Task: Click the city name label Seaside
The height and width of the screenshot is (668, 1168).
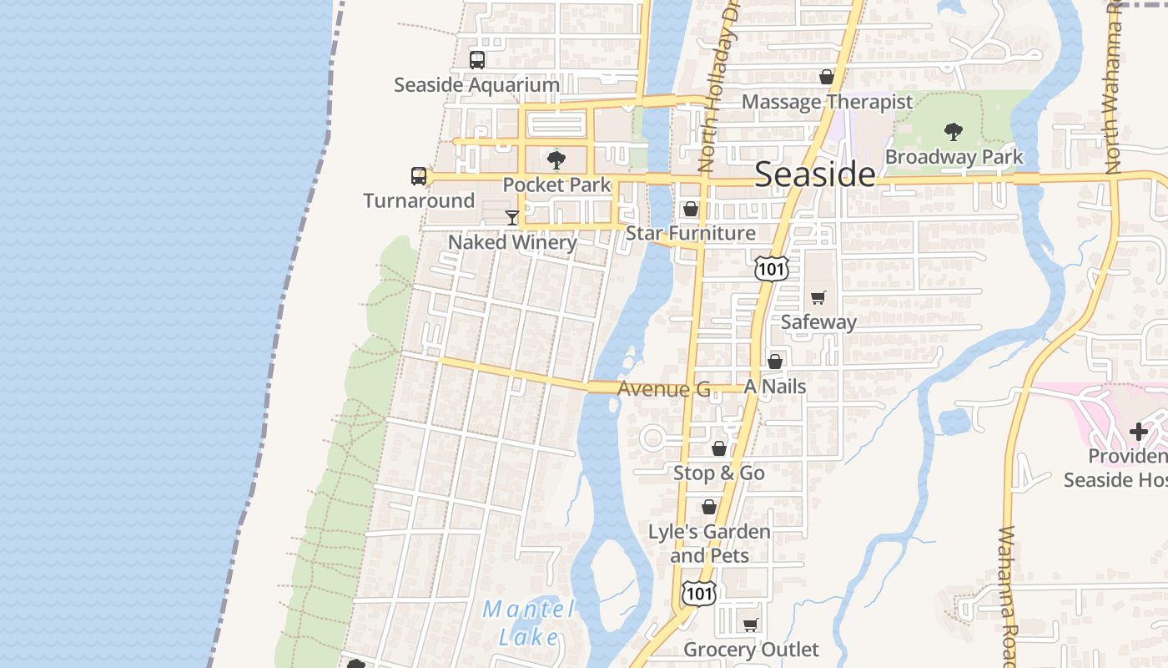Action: pyautogui.click(x=815, y=175)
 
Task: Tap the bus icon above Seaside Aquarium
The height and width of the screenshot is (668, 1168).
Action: pyautogui.click(x=476, y=60)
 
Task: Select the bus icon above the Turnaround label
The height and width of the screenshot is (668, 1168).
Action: pyautogui.click(x=419, y=176)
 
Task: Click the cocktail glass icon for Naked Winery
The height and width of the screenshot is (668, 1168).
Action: pyautogui.click(x=512, y=218)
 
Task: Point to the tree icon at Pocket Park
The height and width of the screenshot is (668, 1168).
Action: pyautogui.click(x=556, y=160)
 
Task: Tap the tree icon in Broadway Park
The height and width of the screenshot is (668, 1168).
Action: pyautogui.click(x=953, y=132)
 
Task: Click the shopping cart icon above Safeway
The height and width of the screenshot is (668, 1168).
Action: pyautogui.click(x=818, y=298)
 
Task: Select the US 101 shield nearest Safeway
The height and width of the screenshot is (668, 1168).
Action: pyautogui.click(x=770, y=268)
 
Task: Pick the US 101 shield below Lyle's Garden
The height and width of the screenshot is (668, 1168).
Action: pyautogui.click(x=697, y=594)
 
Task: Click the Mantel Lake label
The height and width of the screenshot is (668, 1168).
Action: pyautogui.click(x=529, y=623)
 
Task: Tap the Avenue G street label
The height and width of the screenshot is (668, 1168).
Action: pyautogui.click(x=663, y=389)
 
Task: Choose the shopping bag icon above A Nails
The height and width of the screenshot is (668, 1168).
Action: pyautogui.click(x=775, y=362)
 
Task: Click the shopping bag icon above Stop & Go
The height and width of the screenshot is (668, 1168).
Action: pyautogui.click(x=718, y=449)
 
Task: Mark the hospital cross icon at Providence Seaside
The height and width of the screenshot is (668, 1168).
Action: pyautogui.click(x=1138, y=432)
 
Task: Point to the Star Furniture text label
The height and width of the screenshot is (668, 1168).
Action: pyautogui.click(x=690, y=233)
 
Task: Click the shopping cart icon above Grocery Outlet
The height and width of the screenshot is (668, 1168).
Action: pyautogui.click(x=751, y=625)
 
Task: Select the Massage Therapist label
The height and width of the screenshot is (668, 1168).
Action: pyautogui.click(x=827, y=102)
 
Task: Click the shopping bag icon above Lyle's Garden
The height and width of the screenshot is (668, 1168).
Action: pyautogui.click(x=708, y=507)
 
